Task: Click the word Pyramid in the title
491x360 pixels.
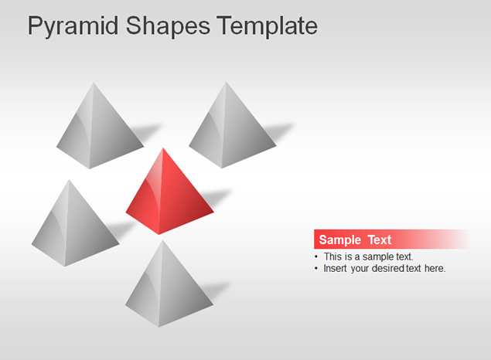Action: pos(73,27)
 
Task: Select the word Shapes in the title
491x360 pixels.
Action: pos(168,27)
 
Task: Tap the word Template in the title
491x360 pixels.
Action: pos(267,26)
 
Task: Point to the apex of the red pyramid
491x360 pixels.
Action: pos(163,148)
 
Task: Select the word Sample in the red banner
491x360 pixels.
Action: pos(340,240)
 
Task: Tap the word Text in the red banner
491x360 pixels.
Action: pos(380,240)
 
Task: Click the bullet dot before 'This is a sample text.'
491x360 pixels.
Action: pos(316,256)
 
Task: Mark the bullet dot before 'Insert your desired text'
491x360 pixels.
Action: pos(316,268)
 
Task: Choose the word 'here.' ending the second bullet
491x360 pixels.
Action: pos(435,268)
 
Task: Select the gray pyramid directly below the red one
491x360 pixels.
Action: pos(169,284)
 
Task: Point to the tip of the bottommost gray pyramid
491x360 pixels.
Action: pos(163,241)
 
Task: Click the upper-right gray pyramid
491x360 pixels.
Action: pos(233,125)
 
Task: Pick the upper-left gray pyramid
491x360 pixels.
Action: pos(100,126)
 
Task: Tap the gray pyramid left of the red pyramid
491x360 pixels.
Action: pos(75,223)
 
